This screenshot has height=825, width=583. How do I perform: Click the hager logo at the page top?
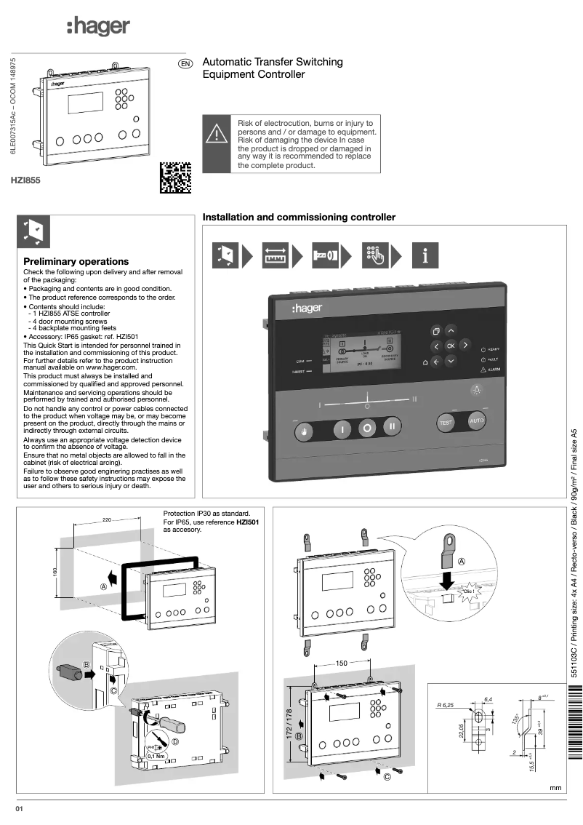click(x=97, y=27)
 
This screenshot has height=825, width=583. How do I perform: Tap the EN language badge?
click(x=185, y=64)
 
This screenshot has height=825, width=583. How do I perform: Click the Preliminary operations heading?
click(x=76, y=261)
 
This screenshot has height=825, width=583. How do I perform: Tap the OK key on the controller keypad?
click(x=450, y=346)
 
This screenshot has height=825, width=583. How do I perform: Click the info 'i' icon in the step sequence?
click(x=426, y=255)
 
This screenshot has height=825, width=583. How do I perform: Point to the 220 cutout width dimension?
click(x=107, y=521)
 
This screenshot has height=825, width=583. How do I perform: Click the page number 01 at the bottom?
click(x=21, y=809)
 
